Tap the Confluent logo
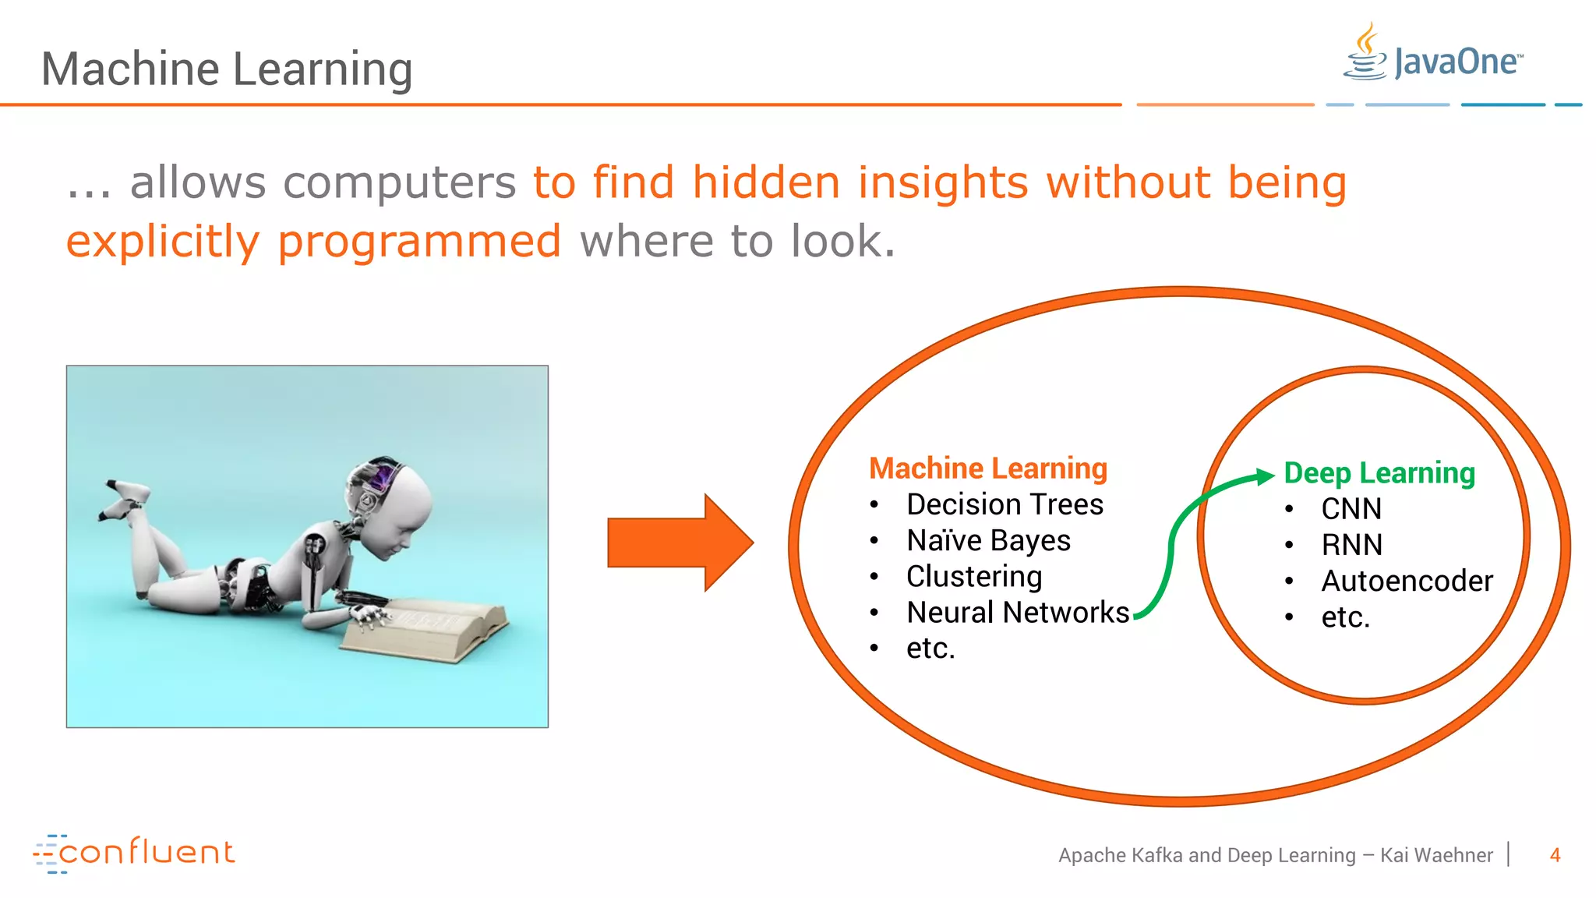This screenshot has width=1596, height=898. (x=134, y=852)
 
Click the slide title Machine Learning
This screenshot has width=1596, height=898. (x=226, y=69)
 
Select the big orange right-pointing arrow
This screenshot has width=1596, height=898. (x=680, y=543)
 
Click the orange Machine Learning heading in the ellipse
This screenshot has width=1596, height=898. (x=987, y=468)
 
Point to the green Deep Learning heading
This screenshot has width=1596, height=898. (x=1379, y=473)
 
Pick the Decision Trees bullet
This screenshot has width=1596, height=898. (x=1004, y=504)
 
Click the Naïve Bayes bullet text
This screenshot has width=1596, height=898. (x=987, y=540)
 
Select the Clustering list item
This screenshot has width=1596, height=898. (x=973, y=577)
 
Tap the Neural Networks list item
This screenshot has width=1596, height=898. (x=1017, y=613)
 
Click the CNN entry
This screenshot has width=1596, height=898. (x=1351, y=509)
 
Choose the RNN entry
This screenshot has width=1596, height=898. (x=1351, y=545)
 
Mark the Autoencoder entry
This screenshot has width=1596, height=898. (x=1406, y=582)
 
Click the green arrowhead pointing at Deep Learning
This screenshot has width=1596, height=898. (x=1264, y=476)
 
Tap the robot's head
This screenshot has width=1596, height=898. (x=390, y=503)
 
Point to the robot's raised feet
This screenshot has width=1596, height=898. (x=125, y=499)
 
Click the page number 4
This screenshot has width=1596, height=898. (x=1555, y=855)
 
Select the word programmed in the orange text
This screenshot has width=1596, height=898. (x=419, y=241)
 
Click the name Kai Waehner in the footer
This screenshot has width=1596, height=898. (x=1435, y=855)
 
